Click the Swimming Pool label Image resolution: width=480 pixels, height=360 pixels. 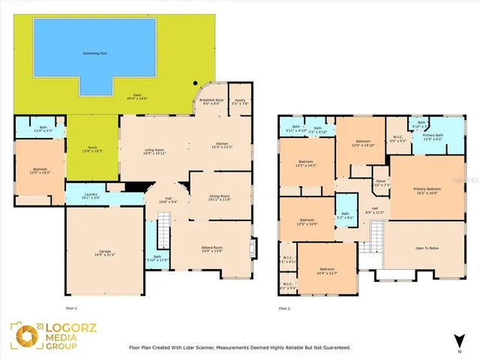click(x=94, y=54)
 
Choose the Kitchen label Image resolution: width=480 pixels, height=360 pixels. click(x=222, y=145)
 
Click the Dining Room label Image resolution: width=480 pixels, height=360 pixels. click(x=220, y=198)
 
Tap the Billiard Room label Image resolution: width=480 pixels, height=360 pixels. click(x=213, y=249)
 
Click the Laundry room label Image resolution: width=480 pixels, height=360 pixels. click(x=92, y=196)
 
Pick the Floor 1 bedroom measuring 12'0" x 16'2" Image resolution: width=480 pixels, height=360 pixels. click(x=39, y=170)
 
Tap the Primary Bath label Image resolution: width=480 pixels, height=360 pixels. click(x=433, y=136)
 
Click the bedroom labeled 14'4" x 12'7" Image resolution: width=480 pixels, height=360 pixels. click(x=327, y=270)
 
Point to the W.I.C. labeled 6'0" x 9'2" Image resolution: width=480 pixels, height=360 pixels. click(x=398, y=139)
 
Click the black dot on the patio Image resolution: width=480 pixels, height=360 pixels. click(x=194, y=83)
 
